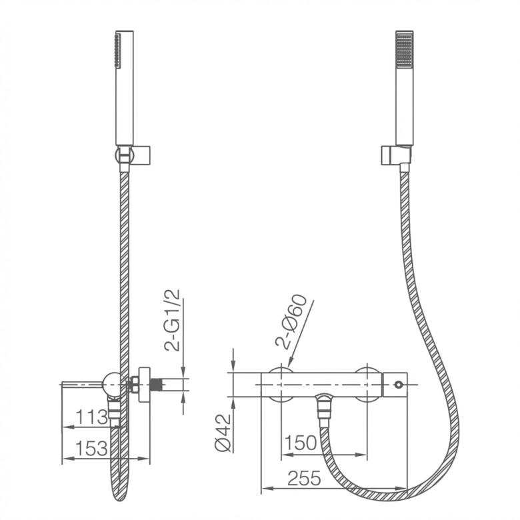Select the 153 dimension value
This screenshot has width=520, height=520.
(91, 449)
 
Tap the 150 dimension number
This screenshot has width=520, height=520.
(301, 443)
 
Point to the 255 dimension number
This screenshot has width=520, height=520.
(304, 478)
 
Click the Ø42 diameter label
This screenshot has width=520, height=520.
(223, 433)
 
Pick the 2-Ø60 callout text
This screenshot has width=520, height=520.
(291, 321)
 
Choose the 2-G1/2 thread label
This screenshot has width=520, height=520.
(172, 321)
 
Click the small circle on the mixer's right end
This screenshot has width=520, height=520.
(397, 385)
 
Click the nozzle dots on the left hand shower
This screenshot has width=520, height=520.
(117, 51)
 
